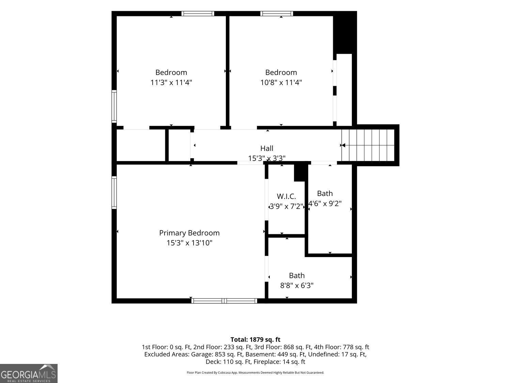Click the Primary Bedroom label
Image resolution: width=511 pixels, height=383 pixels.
tap(189, 233)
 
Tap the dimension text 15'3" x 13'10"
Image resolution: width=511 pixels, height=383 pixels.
tap(189, 243)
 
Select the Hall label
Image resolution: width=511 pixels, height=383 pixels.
tap(266, 148)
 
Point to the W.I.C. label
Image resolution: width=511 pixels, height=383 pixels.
tap(287, 196)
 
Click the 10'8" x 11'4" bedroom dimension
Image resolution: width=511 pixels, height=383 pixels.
tap(281, 82)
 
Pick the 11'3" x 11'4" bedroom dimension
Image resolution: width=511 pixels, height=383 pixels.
tap(171, 82)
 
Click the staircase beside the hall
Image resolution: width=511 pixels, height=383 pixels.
tap(368, 145)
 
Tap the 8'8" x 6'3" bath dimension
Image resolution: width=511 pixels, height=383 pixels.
tap(297, 285)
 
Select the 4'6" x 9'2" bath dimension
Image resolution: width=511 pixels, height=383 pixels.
tap(325, 204)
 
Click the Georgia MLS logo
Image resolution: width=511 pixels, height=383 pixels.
tap(29, 373)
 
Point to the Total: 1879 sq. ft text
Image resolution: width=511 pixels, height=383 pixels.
tap(255, 339)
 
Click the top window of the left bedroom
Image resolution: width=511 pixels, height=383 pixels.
tap(198, 14)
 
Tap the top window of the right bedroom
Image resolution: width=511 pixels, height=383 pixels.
tap(277, 14)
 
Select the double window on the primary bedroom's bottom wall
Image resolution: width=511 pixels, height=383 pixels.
tap(224, 301)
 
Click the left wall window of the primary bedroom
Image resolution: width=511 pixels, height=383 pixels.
tap(114, 193)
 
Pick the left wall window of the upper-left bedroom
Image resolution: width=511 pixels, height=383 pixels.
tap(114, 106)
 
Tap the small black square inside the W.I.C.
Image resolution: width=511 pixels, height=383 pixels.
tap(299, 173)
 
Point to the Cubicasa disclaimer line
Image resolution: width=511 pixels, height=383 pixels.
tap(255, 372)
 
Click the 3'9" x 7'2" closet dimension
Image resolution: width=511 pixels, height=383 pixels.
tap(287, 206)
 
